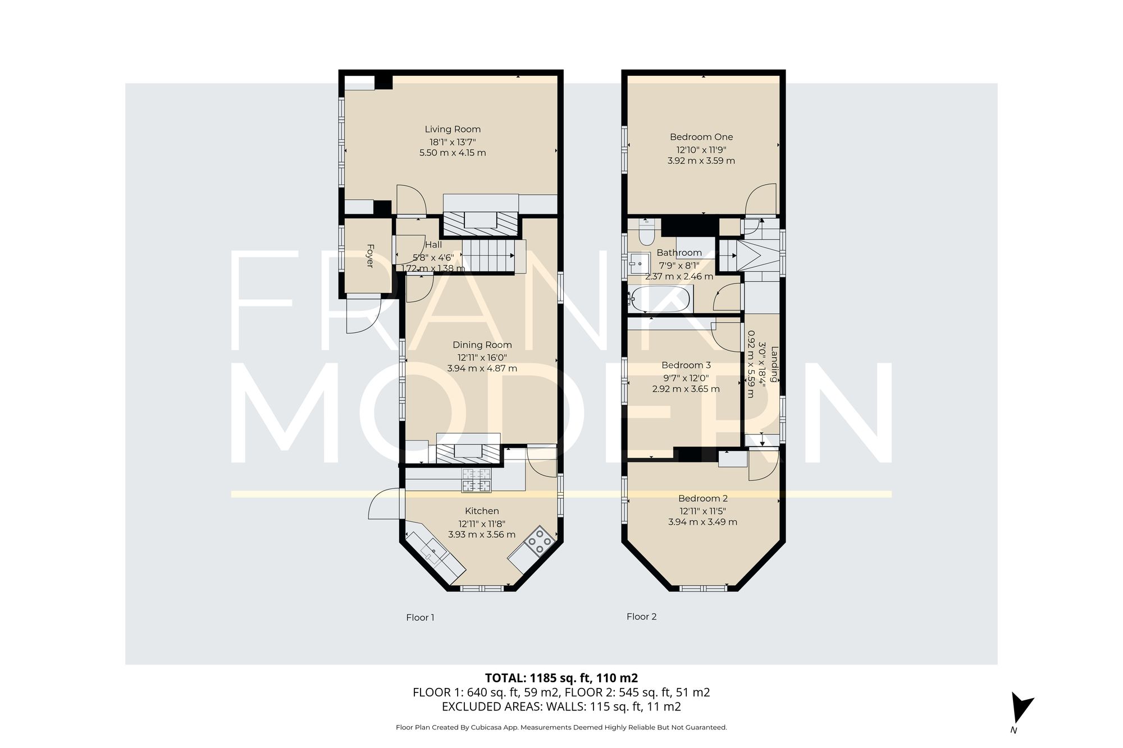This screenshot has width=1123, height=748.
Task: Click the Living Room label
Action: (x=453, y=129)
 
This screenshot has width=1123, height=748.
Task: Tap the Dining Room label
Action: (x=482, y=345)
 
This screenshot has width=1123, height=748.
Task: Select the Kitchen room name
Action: (x=482, y=511)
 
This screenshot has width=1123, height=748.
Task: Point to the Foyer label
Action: (x=369, y=255)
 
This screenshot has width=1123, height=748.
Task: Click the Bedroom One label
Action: (x=701, y=137)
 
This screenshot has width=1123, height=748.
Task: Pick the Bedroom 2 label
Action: (x=703, y=498)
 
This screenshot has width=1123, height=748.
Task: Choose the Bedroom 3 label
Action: (x=686, y=365)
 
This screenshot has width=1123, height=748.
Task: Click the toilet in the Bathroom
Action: (x=646, y=232)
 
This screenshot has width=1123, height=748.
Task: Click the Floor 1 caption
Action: (x=420, y=617)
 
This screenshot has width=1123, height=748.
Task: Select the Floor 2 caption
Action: (x=641, y=617)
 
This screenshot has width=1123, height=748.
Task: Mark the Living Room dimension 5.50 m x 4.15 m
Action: (x=453, y=153)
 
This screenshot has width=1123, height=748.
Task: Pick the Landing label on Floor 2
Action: (x=775, y=365)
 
